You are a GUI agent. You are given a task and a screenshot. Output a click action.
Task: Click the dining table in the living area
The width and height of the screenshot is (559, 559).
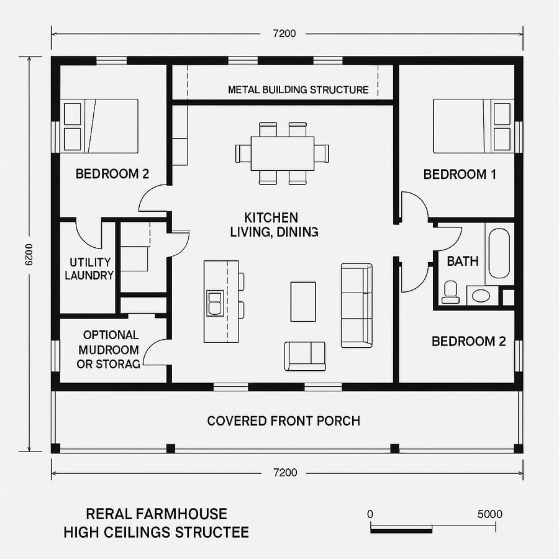coord(282,153)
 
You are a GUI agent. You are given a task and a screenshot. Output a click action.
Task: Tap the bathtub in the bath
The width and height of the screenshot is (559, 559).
coord(499,254)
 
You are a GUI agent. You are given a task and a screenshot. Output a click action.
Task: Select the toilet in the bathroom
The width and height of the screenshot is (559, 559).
coord(450,292)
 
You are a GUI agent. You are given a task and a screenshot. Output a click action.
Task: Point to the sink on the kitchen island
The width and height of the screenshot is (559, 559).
coord(215,302)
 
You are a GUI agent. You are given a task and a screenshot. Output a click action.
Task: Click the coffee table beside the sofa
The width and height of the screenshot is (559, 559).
coord(303,301)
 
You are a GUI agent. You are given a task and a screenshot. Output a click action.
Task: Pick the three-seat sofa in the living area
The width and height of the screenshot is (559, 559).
coord(357,305)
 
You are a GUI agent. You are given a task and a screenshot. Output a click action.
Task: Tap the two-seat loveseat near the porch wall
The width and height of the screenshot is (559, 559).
coord(304,356)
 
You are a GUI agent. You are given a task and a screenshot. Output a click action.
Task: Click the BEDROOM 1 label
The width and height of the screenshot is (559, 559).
coord(460,175)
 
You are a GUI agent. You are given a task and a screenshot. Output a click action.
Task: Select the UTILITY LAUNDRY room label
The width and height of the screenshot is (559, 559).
coord(89,269)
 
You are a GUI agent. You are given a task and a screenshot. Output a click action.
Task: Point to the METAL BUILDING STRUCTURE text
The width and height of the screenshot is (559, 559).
coord(298,89)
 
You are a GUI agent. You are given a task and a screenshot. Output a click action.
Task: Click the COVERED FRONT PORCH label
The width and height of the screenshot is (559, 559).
coord(283,421)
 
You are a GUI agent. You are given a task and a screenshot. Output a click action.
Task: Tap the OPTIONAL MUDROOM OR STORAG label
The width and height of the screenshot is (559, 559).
coord(107,350)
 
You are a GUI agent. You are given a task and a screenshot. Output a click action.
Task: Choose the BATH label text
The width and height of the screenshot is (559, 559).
coord(463,261)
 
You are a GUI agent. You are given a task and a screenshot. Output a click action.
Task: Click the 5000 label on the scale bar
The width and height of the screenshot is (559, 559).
coord(490,514)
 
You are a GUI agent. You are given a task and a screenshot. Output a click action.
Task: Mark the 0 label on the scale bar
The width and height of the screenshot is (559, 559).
coord(370,514)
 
